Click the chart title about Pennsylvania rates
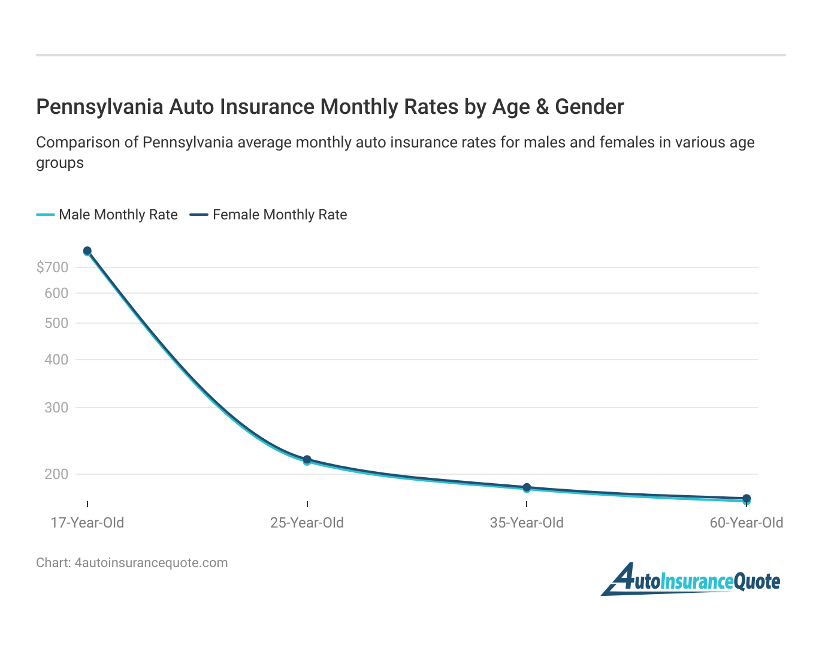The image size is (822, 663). click(x=330, y=107)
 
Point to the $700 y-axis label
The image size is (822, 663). click(x=53, y=267)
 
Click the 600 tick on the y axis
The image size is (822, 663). click(x=56, y=293)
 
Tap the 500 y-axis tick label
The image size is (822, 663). click(x=56, y=323)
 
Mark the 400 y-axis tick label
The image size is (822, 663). click(x=56, y=360)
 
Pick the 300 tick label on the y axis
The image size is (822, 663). click(x=56, y=408)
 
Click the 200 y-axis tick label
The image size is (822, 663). click(x=56, y=474)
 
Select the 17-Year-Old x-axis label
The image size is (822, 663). click(x=87, y=523)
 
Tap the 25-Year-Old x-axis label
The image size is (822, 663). click(x=307, y=523)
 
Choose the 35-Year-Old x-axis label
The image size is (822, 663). click(x=527, y=523)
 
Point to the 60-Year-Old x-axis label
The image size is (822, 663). click(x=746, y=523)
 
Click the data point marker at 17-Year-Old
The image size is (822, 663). click(x=87, y=251)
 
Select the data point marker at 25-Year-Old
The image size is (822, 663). click(x=307, y=460)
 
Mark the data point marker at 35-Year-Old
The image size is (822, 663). click(x=527, y=488)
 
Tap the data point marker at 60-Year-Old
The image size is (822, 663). click(x=747, y=499)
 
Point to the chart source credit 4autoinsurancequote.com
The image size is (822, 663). click(x=132, y=563)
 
